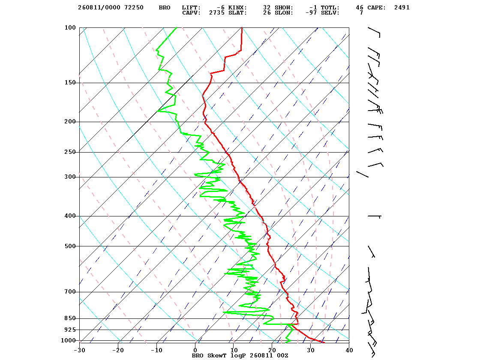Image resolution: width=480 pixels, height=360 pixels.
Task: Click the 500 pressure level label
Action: (70, 246)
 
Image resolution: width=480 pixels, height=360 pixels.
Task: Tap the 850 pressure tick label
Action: (70, 318)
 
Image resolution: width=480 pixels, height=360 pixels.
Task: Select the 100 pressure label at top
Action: (70, 27)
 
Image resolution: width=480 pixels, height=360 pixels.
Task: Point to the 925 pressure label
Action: (70, 330)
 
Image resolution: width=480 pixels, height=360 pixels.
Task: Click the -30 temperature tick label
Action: (80, 351)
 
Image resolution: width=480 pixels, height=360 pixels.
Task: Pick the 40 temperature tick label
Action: (349, 351)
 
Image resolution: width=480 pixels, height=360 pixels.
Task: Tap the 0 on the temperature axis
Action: (195, 351)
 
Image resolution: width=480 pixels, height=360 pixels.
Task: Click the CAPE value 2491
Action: (402, 8)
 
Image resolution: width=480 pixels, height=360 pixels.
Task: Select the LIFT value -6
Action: (220, 8)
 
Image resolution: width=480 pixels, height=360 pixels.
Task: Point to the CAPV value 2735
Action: (217, 13)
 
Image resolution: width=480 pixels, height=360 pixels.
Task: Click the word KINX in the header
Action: (237, 8)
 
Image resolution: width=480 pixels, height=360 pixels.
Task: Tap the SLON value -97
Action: (311, 13)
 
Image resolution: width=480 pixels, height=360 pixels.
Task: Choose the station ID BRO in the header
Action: (165, 8)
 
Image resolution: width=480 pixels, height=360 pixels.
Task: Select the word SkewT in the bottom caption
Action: (217, 356)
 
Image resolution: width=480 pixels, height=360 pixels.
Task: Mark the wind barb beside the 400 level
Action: (374, 216)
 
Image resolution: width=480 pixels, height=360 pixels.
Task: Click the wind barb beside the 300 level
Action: (362, 174)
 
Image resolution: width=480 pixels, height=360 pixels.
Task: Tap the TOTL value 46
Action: (360, 8)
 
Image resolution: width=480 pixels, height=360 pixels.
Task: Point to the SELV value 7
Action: (362, 13)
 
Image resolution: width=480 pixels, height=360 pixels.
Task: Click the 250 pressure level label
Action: (70, 152)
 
